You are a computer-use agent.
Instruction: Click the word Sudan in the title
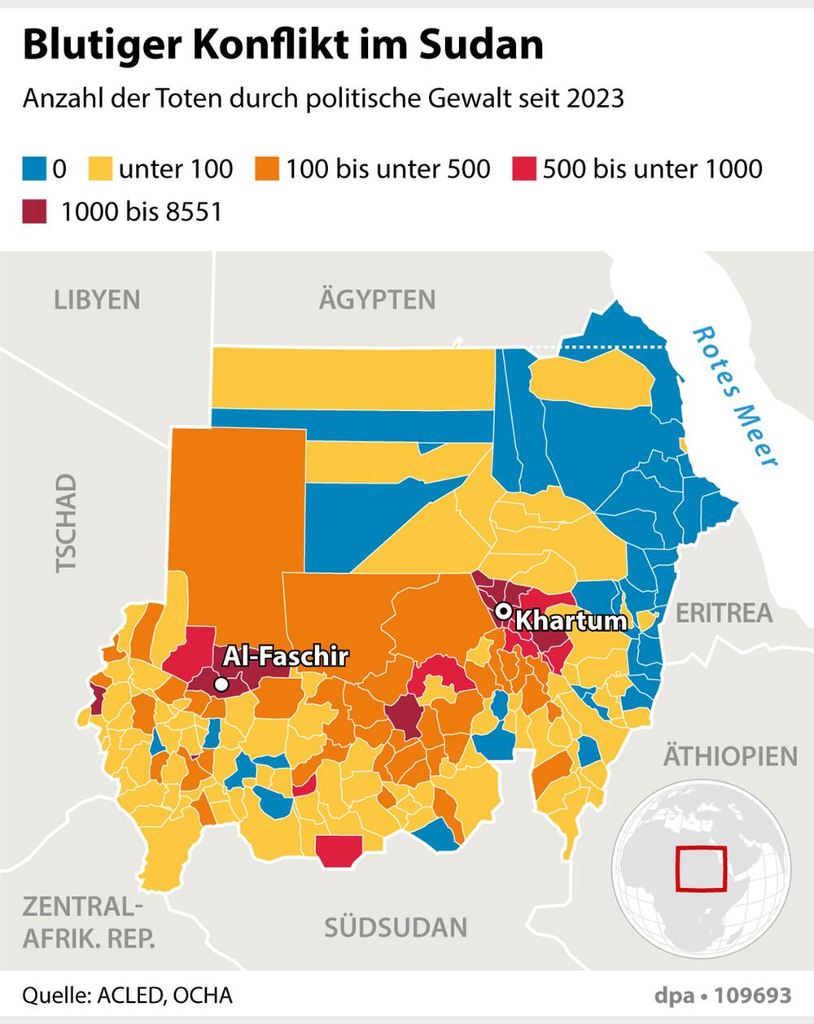(480, 46)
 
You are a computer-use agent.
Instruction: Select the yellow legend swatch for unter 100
(101, 169)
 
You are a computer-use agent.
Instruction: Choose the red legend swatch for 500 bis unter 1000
(525, 169)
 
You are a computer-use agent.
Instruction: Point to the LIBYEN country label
(97, 300)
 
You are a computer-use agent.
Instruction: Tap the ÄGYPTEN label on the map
(377, 300)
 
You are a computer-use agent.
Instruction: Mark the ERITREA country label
(724, 612)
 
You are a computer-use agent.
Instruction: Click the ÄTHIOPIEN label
(730, 755)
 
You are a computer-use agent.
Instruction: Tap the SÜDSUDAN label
(396, 927)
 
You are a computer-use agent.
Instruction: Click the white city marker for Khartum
(505, 610)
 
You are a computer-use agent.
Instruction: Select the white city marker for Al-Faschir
(221, 685)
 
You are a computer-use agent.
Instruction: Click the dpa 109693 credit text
(721, 996)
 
